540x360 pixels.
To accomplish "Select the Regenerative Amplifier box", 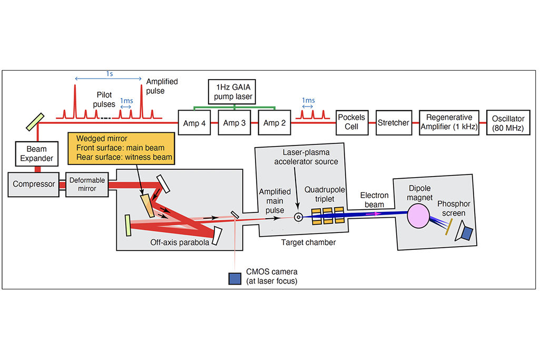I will click(449, 123).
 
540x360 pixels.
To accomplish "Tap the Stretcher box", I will click(393, 123).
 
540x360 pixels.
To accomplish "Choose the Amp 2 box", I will click(274, 123).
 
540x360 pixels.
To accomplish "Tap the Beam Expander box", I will click(37, 154).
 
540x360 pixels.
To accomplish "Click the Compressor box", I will click(34, 184).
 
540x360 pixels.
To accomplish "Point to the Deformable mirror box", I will click(87, 184).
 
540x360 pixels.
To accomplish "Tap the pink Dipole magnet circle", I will click(420, 216).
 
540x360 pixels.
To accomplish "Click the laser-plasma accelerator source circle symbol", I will click(299, 217).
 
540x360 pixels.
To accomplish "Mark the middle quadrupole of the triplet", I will click(328, 217).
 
